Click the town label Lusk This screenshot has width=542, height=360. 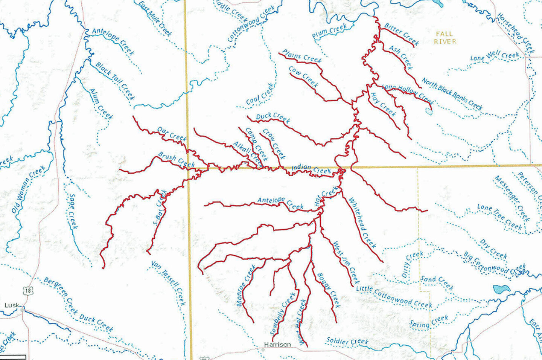(11, 305)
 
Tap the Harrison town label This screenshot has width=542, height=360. (277, 345)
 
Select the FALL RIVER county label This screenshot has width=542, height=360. (445, 38)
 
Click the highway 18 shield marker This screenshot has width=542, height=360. (27, 290)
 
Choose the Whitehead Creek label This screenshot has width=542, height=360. (362, 223)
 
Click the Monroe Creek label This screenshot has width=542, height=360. (246, 285)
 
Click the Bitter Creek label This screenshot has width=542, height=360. (402, 34)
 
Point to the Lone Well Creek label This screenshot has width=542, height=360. (495, 56)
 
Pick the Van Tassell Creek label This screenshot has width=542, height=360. (168, 283)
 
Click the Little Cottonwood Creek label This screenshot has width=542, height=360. (394, 297)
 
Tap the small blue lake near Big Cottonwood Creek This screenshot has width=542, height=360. (501, 290)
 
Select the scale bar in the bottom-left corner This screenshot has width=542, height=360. (13, 357)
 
